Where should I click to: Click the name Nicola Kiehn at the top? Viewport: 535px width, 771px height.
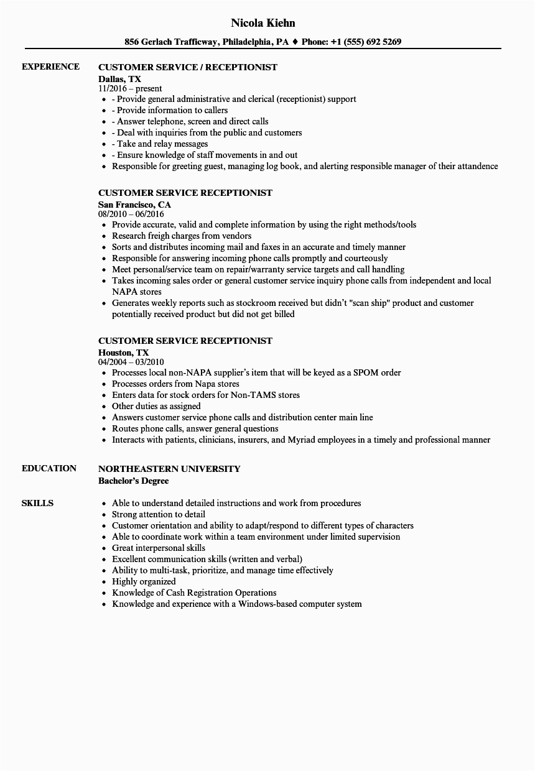pyautogui.click(x=263, y=23)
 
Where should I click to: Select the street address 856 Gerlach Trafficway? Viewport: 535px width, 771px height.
pyautogui.click(x=171, y=42)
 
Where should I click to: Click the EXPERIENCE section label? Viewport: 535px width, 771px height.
pyautogui.click(x=50, y=67)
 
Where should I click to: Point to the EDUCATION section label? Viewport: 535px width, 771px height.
pyautogui.click(x=49, y=468)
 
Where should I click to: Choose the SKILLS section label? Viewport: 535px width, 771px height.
pyautogui.click(x=37, y=503)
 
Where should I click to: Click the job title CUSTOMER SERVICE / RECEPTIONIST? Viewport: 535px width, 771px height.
pyautogui.click(x=188, y=67)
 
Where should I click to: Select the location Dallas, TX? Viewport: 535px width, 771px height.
pyautogui.click(x=119, y=78)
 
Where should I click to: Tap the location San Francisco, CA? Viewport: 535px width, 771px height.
pyautogui.click(x=134, y=204)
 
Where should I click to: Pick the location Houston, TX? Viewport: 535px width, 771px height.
pyautogui.click(x=123, y=352)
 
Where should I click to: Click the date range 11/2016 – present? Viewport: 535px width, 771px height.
pyautogui.click(x=130, y=89)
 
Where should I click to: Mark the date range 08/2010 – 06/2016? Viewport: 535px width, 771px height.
pyautogui.click(x=131, y=215)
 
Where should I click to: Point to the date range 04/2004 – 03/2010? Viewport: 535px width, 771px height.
pyautogui.click(x=131, y=362)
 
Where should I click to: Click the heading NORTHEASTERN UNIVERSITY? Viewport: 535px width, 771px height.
pyautogui.click(x=169, y=469)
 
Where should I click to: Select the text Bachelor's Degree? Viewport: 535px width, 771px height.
pyautogui.click(x=133, y=481)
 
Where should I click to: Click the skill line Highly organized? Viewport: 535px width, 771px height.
pyautogui.click(x=144, y=581)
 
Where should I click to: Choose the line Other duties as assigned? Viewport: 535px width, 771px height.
pyautogui.click(x=156, y=406)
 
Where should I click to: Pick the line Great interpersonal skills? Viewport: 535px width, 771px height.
pyautogui.click(x=159, y=548)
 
